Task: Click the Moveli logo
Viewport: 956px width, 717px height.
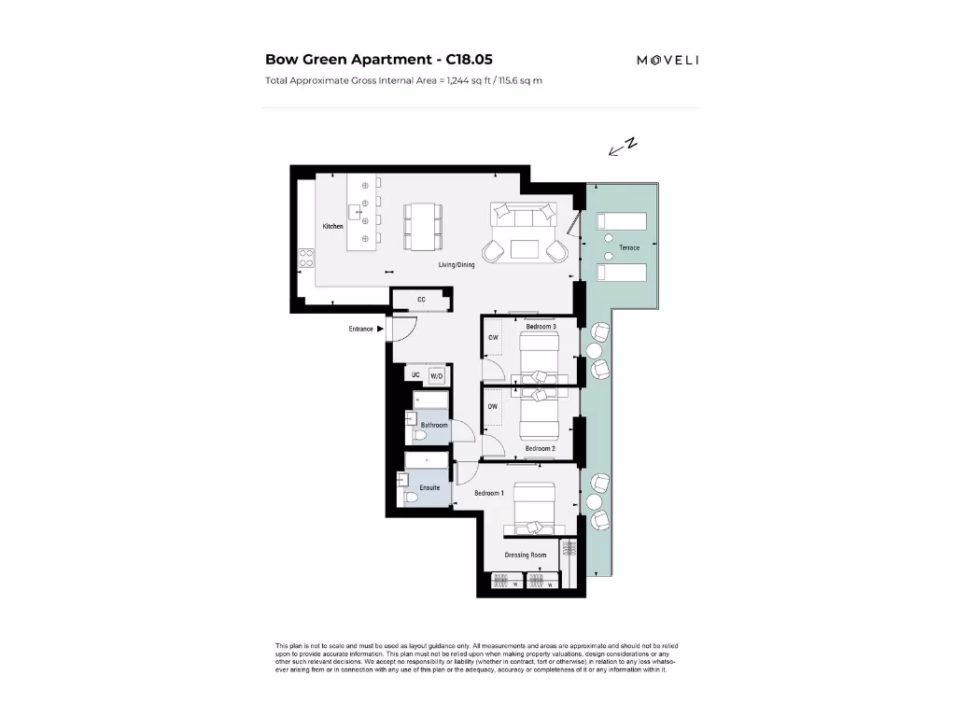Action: [668, 60]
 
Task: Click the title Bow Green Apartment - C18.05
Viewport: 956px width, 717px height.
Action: [379, 59]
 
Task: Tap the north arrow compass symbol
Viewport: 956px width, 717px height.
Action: [622, 147]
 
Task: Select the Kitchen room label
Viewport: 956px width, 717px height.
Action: [333, 227]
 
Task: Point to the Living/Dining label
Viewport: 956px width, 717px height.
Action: [457, 265]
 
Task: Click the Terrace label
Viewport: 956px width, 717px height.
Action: [629, 248]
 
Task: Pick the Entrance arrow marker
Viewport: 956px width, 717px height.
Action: [381, 329]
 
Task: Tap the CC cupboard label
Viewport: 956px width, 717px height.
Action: [421, 300]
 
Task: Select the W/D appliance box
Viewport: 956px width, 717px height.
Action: [436, 375]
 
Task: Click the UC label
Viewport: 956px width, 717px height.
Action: [415, 375]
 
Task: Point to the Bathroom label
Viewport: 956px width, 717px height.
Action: [434, 425]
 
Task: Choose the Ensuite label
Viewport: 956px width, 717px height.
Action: [429, 487]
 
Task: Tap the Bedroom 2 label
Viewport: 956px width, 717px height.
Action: [540, 448]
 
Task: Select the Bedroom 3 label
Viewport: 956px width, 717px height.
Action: [541, 326]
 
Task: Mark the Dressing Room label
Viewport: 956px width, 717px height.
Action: [526, 555]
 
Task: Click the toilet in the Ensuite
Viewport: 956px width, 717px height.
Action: [411, 497]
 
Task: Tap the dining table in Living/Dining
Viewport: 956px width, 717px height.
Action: [423, 226]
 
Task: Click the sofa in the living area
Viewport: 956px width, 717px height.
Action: [525, 218]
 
